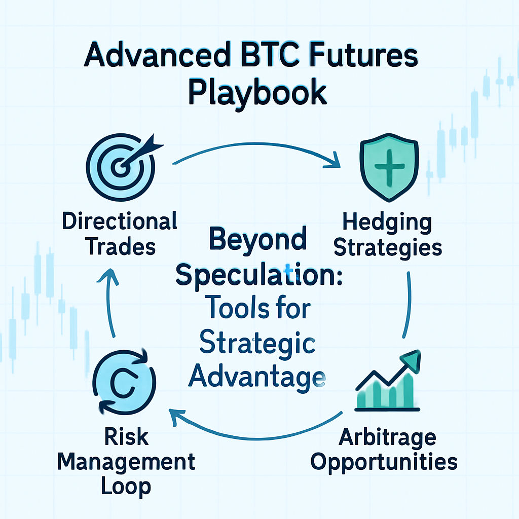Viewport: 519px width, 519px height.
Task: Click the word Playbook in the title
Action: click(257, 93)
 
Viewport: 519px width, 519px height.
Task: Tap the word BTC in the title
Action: click(270, 55)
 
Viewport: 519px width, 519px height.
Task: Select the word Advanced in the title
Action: click(157, 55)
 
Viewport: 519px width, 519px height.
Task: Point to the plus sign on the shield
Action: click(389, 167)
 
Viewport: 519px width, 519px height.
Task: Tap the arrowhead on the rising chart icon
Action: click(411, 360)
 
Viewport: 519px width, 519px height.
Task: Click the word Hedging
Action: click(387, 222)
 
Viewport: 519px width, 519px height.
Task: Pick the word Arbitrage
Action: click(388, 437)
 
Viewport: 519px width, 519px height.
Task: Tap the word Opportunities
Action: click(384, 462)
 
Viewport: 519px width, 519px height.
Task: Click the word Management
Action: click(126, 462)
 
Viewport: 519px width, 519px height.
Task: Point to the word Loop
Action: click(126, 487)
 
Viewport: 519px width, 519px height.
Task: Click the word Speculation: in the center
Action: click(259, 275)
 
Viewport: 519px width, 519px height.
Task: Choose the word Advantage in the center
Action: click(257, 377)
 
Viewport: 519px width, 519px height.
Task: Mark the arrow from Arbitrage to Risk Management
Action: click(255, 438)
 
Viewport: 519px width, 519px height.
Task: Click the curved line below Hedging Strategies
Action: click(410, 305)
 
